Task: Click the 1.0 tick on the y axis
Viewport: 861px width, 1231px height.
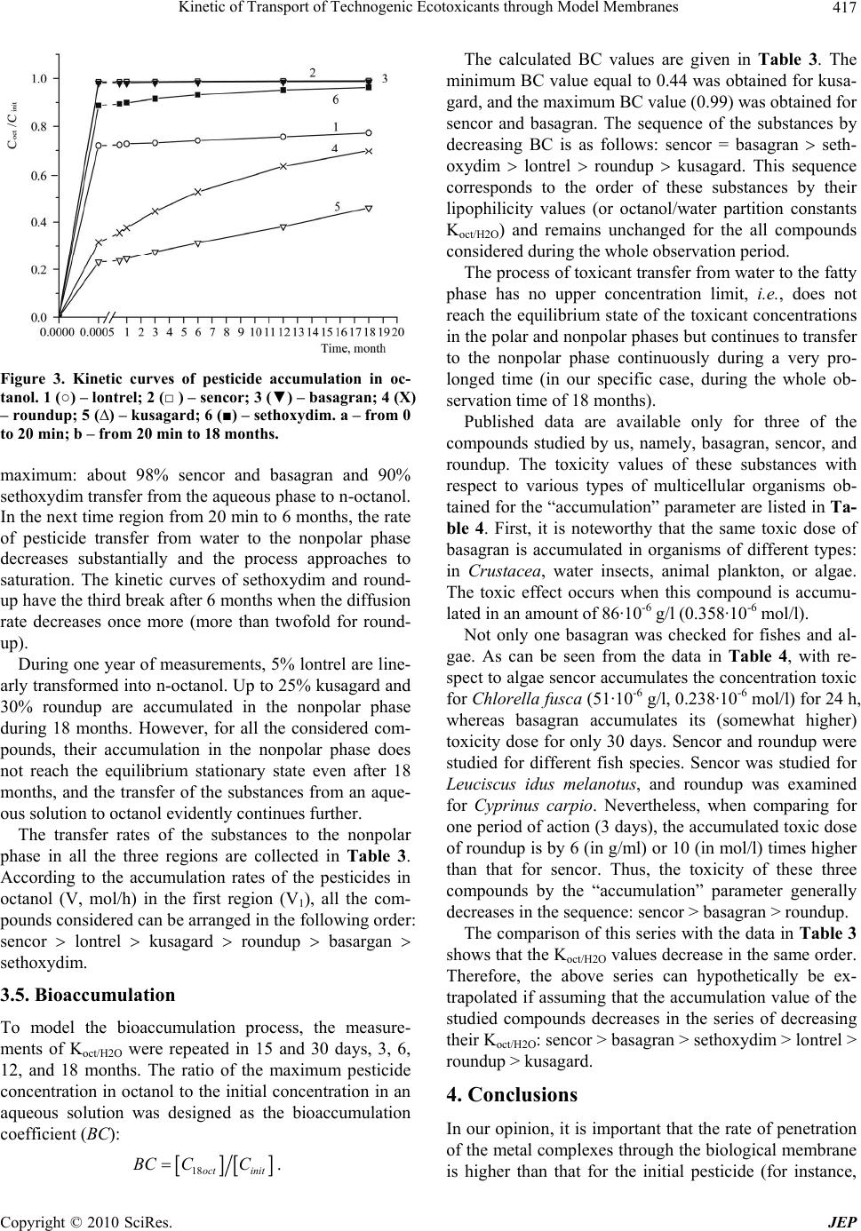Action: point(38,79)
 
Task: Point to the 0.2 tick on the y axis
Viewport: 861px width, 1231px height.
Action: point(38,268)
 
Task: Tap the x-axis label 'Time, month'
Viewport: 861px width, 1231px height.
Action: point(353,347)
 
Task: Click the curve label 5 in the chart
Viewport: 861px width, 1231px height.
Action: point(337,206)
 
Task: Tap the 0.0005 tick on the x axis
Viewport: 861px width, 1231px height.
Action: point(94,332)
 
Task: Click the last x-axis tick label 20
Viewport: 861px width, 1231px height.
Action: point(398,332)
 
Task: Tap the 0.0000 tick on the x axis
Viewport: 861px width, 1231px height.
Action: point(57,332)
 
